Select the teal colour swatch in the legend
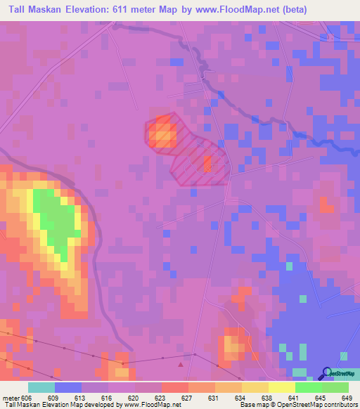click(41, 387)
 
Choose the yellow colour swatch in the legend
click(282, 387)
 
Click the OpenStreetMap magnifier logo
click(328, 373)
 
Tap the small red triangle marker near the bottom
click(182, 364)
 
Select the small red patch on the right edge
click(327, 204)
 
